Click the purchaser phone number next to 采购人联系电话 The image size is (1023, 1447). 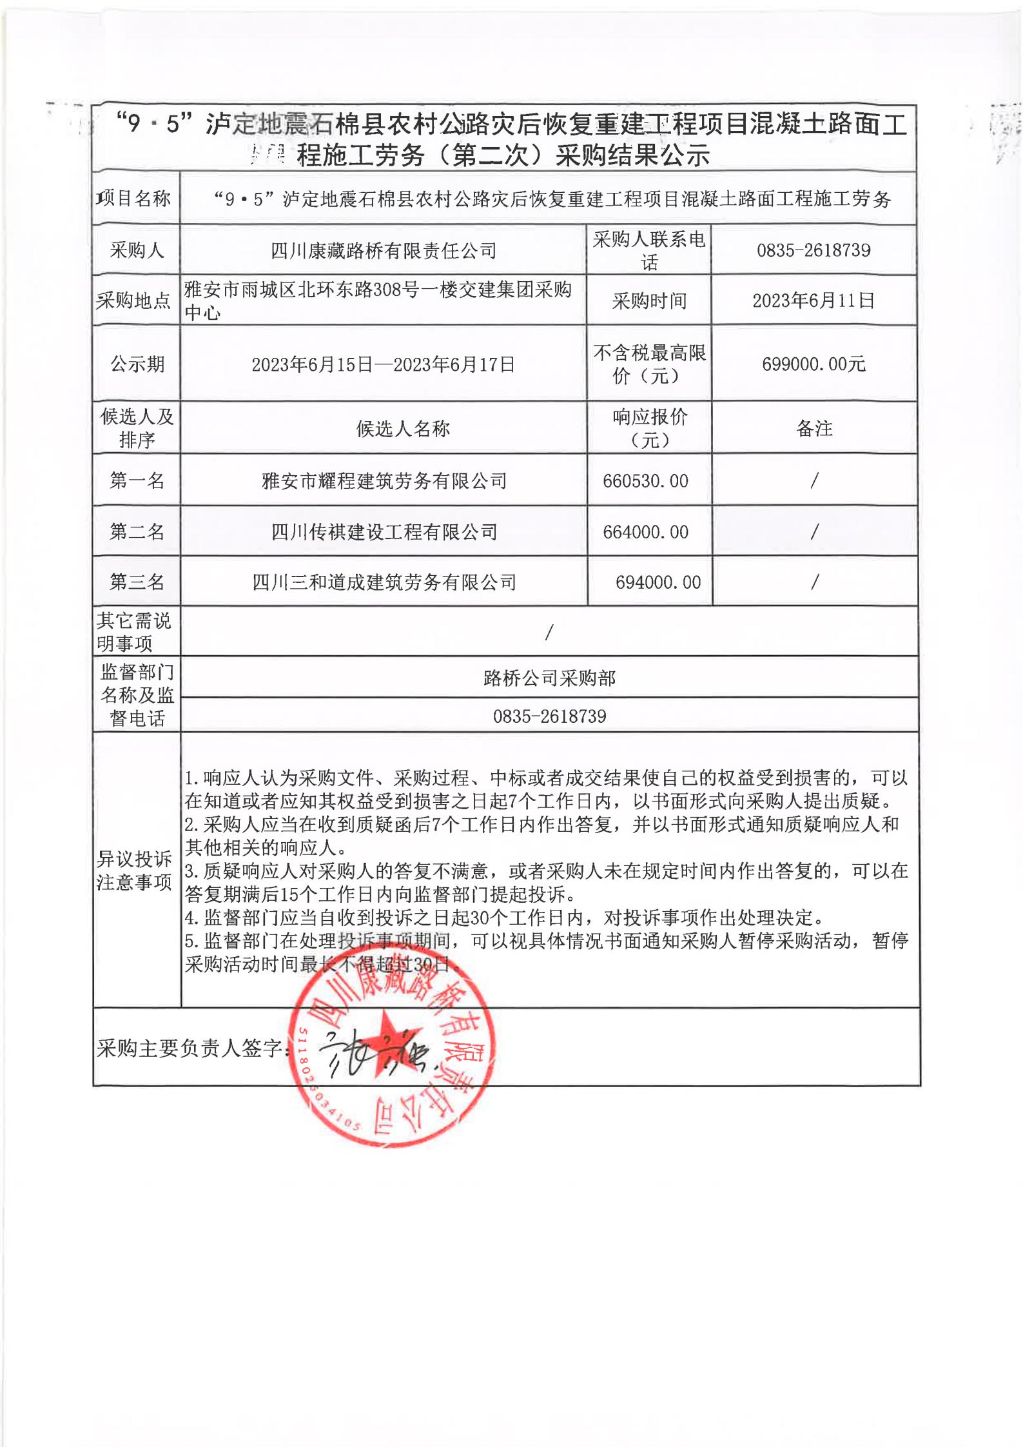814,250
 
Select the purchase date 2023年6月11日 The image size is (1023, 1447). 814,300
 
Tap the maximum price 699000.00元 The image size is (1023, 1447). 814,364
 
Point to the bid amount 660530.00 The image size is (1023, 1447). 645,481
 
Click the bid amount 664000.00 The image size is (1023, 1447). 645,532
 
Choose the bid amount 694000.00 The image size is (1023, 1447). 658,582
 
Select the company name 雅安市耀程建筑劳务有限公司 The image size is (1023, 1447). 384,481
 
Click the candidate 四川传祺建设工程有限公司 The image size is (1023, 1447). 384,532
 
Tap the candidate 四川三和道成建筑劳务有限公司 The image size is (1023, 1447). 384,583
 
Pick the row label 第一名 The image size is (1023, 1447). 137,480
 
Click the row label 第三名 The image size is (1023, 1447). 137,582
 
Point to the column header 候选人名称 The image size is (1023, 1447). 403,429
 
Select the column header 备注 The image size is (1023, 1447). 814,429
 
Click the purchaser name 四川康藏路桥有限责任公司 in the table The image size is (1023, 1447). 384,251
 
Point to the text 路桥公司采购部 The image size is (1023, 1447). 549,678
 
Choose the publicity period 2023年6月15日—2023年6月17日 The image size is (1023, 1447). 383,365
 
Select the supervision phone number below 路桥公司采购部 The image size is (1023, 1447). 549,716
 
